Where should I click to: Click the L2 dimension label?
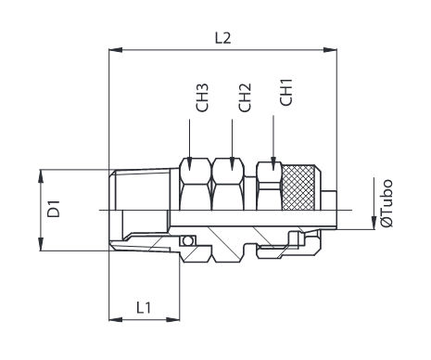222,38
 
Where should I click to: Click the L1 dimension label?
144,307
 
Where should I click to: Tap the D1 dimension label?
54,209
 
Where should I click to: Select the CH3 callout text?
202,97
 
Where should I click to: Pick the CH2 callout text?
245,97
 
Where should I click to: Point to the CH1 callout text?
286,92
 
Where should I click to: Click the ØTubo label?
387,202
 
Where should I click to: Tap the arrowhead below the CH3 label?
190,163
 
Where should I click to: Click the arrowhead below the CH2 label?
233,163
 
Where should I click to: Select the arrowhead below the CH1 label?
273,163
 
